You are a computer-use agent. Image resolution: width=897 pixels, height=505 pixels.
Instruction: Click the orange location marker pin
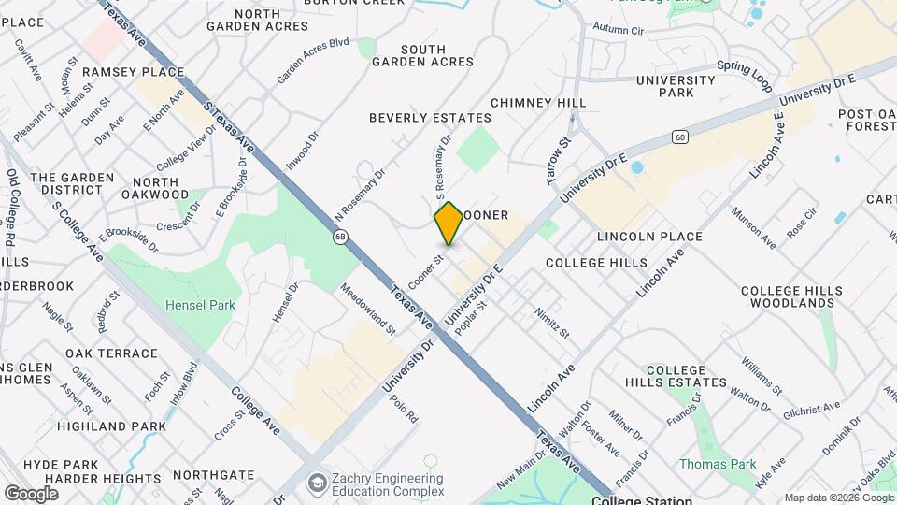point(448,223)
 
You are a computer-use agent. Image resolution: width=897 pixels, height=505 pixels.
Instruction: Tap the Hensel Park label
point(200,304)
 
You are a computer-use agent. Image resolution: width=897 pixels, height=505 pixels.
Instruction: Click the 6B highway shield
point(342,237)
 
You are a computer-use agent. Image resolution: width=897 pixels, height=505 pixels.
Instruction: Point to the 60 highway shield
point(679,137)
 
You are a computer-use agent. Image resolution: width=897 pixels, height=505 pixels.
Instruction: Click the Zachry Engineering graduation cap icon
point(318,483)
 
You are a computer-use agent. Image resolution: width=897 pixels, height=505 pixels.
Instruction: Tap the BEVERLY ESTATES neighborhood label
point(430,118)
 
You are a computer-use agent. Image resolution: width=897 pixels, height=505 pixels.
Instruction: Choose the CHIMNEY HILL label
point(538,102)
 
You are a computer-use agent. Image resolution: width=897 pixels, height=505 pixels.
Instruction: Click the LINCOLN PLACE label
point(636,237)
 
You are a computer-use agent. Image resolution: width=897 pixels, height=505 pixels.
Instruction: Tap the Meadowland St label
point(368,309)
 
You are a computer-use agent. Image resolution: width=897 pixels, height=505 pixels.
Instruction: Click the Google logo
point(31,493)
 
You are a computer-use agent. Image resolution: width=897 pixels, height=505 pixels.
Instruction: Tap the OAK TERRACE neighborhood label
point(111,353)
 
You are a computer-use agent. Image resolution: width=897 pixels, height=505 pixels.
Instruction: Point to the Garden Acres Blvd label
point(312,61)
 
